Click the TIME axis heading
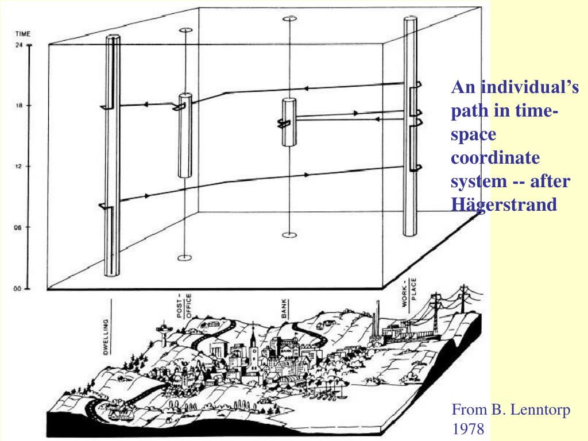pyautogui.click(x=23, y=34)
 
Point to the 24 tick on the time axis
pyautogui.click(x=19, y=45)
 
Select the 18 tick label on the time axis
pyautogui.click(x=19, y=106)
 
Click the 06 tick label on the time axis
pyautogui.click(x=18, y=227)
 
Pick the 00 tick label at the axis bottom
pyautogui.click(x=17, y=289)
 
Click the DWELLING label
pyautogui.click(x=106, y=336)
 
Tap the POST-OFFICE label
pyautogui.click(x=184, y=305)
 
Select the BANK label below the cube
pyautogui.click(x=284, y=308)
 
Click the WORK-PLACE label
pyautogui.click(x=409, y=292)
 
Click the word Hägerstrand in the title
pyautogui.click(x=504, y=205)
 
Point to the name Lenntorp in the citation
pyautogui.click(x=540, y=409)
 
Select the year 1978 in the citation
pyautogui.click(x=469, y=428)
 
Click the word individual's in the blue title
pyautogui.click(x=530, y=87)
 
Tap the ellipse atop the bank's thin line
pyautogui.click(x=289, y=18)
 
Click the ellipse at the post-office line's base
pyautogui.click(x=184, y=258)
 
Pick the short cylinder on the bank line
pyautogui.click(x=289, y=122)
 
